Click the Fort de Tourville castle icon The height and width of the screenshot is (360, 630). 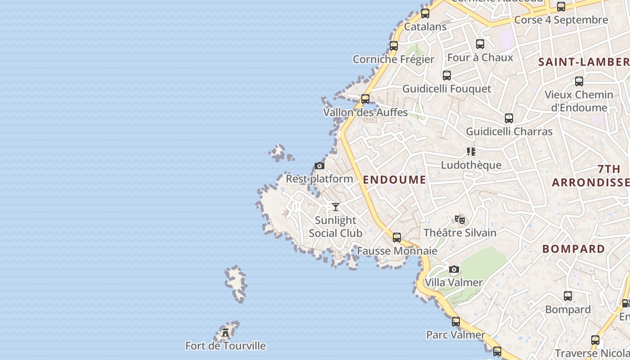click(225, 333)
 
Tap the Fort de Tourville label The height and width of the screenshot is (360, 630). click(225, 346)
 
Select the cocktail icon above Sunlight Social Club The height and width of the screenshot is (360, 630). click(336, 207)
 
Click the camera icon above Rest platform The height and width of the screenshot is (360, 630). click(319, 166)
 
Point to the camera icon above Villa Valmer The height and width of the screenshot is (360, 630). click(454, 270)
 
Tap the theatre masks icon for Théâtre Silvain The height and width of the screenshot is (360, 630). click(459, 220)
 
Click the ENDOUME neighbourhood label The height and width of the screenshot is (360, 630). click(394, 180)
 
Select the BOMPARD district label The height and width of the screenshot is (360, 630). click(573, 249)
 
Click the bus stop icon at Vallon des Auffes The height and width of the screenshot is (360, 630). click(365, 99)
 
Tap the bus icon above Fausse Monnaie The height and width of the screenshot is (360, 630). click(396, 237)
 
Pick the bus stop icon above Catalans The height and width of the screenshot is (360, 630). click(425, 13)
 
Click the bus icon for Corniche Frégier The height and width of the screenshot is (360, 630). click(394, 45)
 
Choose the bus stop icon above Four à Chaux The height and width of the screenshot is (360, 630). click(480, 44)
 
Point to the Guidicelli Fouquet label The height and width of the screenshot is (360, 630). click(446, 89)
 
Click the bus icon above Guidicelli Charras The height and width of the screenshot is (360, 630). click(509, 118)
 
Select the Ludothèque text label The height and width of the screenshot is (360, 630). click(471, 165)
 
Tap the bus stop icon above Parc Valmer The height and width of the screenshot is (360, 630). click(456, 322)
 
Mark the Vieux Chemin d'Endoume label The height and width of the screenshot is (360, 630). click(579, 101)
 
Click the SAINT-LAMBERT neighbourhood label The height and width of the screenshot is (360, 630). click(584, 62)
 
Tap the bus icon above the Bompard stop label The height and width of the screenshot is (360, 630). click(568, 296)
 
